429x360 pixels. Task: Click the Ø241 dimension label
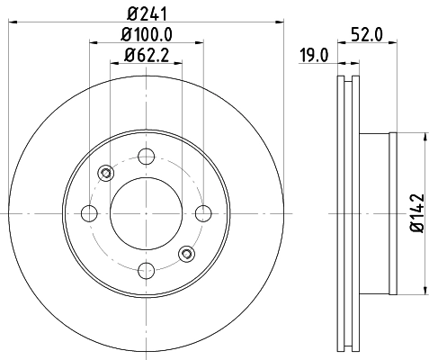coord(147,12)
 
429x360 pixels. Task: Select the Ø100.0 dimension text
coord(147,35)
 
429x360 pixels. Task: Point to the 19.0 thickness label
coord(312,57)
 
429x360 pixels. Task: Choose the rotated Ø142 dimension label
coord(415,213)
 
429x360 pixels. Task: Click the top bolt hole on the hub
coord(147,155)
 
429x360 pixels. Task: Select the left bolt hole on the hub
coord(89,212)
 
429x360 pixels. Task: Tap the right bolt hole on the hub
coord(204,212)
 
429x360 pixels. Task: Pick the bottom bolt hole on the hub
coord(147,269)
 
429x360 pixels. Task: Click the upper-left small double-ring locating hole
coord(106,172)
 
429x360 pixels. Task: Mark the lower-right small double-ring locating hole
coord(187,253)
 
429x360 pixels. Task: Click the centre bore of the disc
coord(147,212)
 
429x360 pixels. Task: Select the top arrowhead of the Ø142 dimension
coord(423,137)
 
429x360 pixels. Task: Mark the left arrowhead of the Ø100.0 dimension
coord(94,41)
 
